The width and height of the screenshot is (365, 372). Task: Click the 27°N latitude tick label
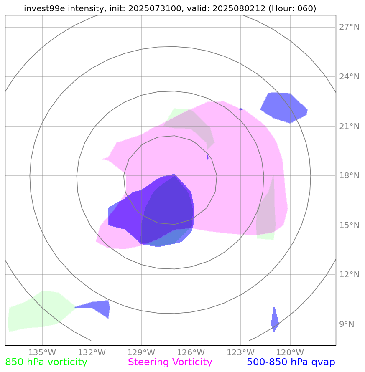349,27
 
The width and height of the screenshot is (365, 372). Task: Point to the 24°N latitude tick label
349,77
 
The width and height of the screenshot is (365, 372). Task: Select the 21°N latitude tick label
349,126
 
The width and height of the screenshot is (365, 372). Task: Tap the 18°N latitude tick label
349,176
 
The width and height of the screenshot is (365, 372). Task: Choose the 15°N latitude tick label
349,225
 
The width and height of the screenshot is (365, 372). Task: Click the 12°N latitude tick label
349,275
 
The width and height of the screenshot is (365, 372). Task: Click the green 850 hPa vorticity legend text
46,362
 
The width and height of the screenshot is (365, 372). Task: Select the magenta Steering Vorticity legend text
170,362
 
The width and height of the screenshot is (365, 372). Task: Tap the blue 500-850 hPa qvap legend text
291,362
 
